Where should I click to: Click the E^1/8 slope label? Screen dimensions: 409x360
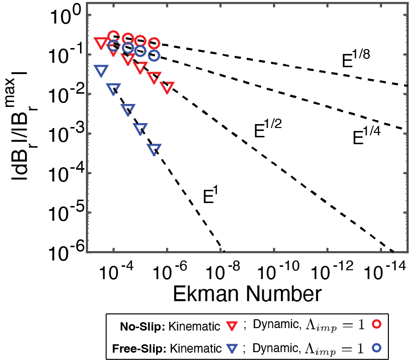coord(356,59)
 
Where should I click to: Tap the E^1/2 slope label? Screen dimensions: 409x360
coord(268,128)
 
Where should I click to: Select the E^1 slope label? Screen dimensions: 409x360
coord(210,195)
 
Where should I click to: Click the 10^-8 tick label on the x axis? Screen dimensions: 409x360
coord(223,271)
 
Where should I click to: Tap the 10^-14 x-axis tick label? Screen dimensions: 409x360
coord(385,271)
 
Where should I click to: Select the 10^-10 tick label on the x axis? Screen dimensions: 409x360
coord(278,271)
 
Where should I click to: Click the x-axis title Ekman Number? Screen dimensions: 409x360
coord(247,294)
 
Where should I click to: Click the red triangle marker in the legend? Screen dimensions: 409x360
coord(232,326)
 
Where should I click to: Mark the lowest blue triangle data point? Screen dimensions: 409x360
coord(154,150)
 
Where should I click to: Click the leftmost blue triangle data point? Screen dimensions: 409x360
coord(101,71)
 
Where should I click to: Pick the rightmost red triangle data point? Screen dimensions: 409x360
coord(167,87)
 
